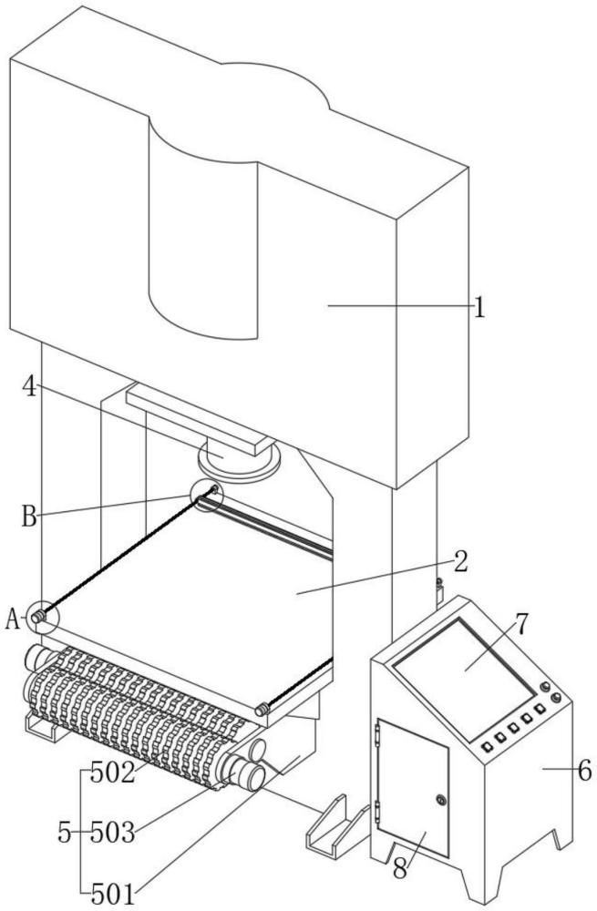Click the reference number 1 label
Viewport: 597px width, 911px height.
pos(479,307)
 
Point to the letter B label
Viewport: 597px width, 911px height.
pos(30,516)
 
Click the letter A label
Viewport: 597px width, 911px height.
pos(13,619)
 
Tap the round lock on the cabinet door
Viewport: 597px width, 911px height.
pos(441,801)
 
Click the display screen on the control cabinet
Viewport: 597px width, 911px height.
pos(465,678)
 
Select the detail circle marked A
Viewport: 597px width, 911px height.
pos(43,616)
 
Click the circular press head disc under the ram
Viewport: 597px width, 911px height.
pos(239,462)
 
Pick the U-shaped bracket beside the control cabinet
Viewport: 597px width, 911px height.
pos(337,825)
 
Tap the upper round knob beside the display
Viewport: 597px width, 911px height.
pos(545,687)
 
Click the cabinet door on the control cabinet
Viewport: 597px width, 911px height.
pos(413,787)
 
